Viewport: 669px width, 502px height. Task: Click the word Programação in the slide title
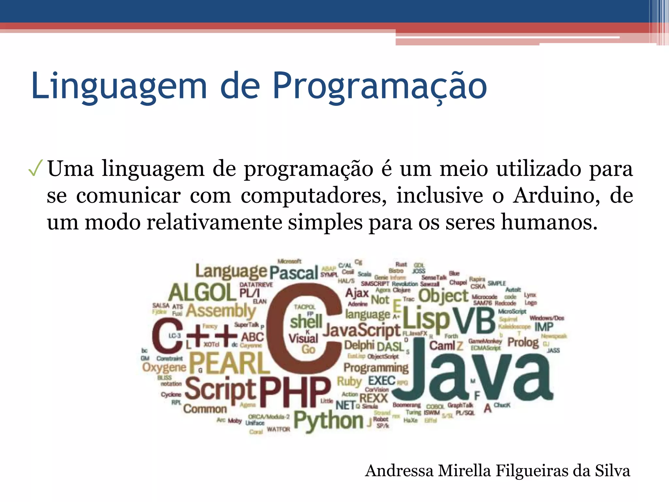click(x=380, y=86)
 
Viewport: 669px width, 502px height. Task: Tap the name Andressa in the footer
click(x=399, y=471)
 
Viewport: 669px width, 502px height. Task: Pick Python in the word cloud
click(x=328, y=421)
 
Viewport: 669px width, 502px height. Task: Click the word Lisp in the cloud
click(x=426, y=319)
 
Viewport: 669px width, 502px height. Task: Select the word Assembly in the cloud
click(x=221, y=310)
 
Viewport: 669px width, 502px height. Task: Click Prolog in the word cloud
click(x=523, y=342)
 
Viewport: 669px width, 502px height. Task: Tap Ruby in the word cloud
click(x=349, y=381)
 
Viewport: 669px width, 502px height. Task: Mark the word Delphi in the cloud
click(x=359, y=345)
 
